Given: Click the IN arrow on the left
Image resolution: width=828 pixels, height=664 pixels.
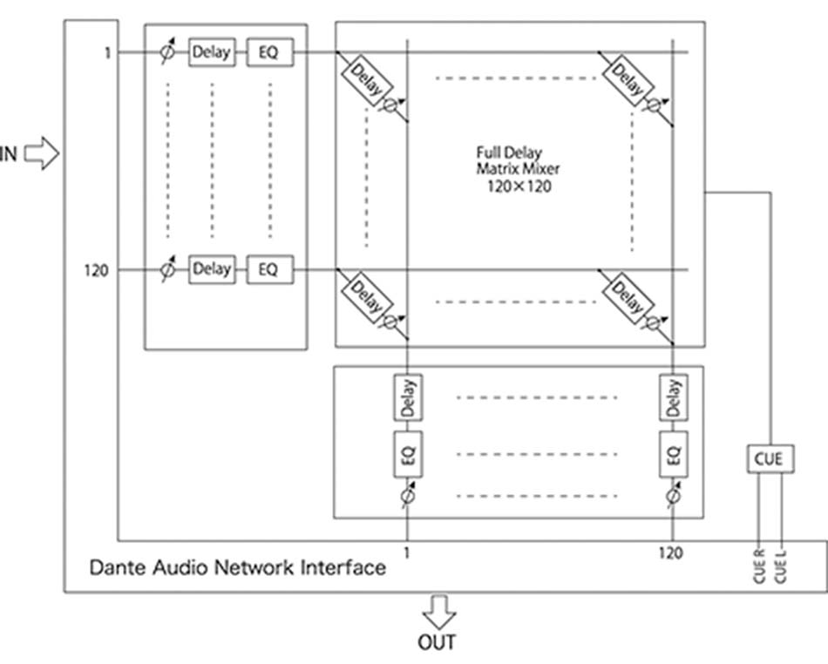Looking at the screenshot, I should point(40,154).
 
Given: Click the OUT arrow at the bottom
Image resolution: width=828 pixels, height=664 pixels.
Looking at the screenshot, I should point(438,611).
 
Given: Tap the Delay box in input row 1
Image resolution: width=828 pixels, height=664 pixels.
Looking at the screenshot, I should point(211,52).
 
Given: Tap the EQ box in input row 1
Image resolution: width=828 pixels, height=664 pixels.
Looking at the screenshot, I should point(268,52).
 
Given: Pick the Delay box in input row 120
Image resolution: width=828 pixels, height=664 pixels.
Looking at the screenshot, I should point(211,269).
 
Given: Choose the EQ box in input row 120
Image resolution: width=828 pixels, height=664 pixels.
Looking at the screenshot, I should point(268,269).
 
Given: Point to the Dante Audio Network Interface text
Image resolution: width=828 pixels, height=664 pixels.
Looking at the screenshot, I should point(237,567).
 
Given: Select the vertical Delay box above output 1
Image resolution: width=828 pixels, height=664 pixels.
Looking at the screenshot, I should point(407,397).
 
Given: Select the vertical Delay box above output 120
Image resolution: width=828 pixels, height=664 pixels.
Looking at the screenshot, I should point(673,397).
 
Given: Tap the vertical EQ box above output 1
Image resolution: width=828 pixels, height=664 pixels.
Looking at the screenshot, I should point(407,453).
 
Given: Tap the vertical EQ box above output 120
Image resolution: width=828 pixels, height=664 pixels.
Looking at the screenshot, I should point(673,453).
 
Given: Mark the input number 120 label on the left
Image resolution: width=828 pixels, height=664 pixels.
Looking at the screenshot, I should point(97,270).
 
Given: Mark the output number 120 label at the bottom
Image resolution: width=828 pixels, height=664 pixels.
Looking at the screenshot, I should point(671,552).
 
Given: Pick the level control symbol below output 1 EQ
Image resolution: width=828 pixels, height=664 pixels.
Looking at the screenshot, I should point(407,497).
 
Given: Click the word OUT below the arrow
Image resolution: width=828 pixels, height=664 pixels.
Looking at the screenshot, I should point(438,642).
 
